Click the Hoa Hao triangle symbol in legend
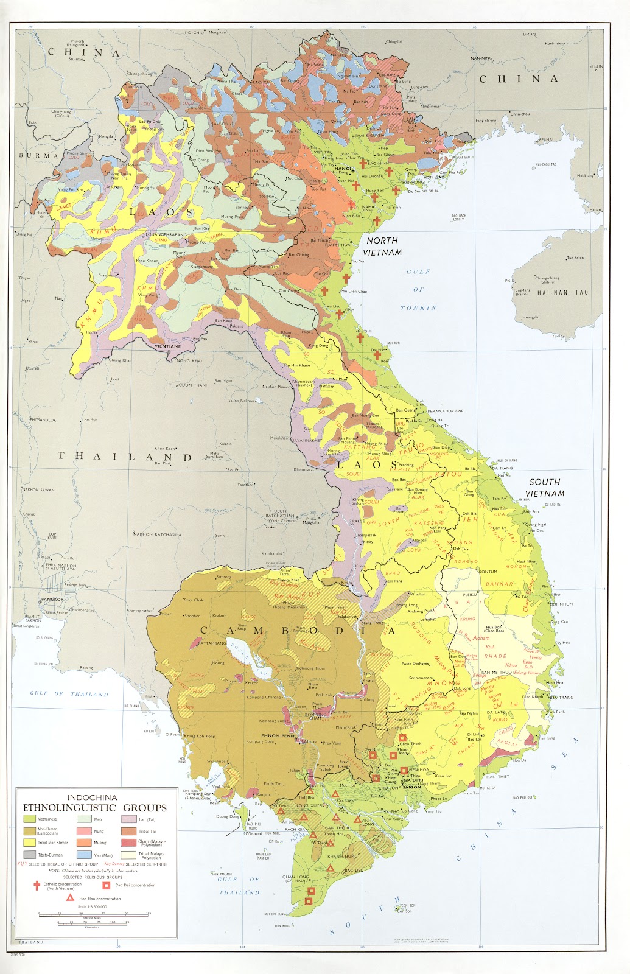click(71, 898)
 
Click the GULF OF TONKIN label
click(418, 290)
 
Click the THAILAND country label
click(124, 456)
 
